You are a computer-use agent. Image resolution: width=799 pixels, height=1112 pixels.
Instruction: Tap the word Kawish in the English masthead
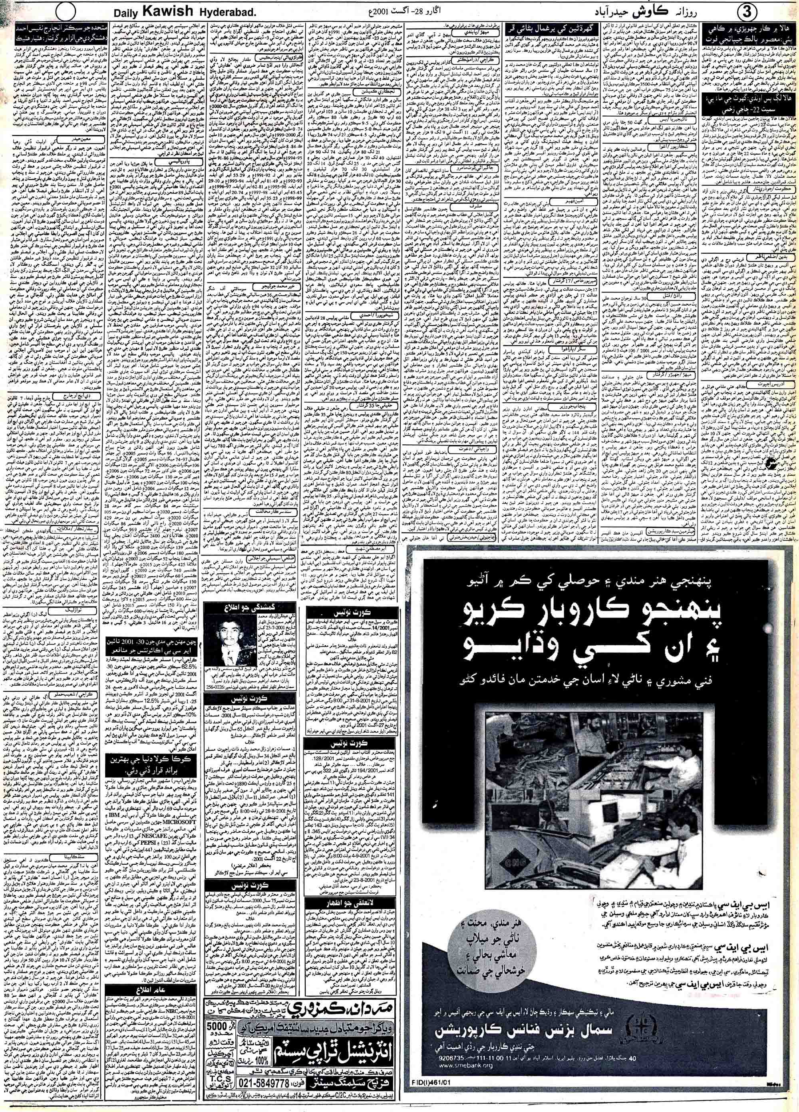click(162, 11)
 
